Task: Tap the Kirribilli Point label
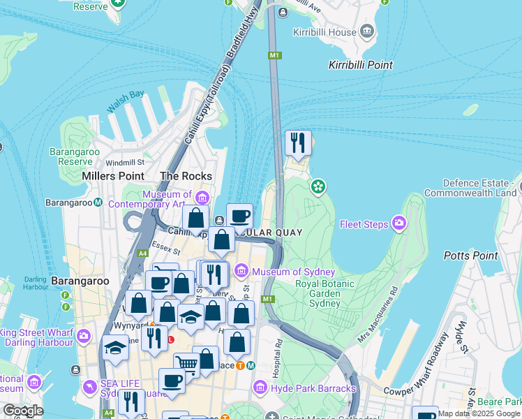[360, 65]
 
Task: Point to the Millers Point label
[112, 176]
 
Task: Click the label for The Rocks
[186, 176]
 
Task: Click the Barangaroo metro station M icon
[98, 203]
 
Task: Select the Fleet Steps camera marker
[399, 223]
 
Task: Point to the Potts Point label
[471, 256]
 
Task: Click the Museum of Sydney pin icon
[241, 271]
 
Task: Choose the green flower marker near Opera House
[318, 186]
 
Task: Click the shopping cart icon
[186, 363]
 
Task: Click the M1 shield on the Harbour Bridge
[274, 55]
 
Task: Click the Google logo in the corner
[22, 410]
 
